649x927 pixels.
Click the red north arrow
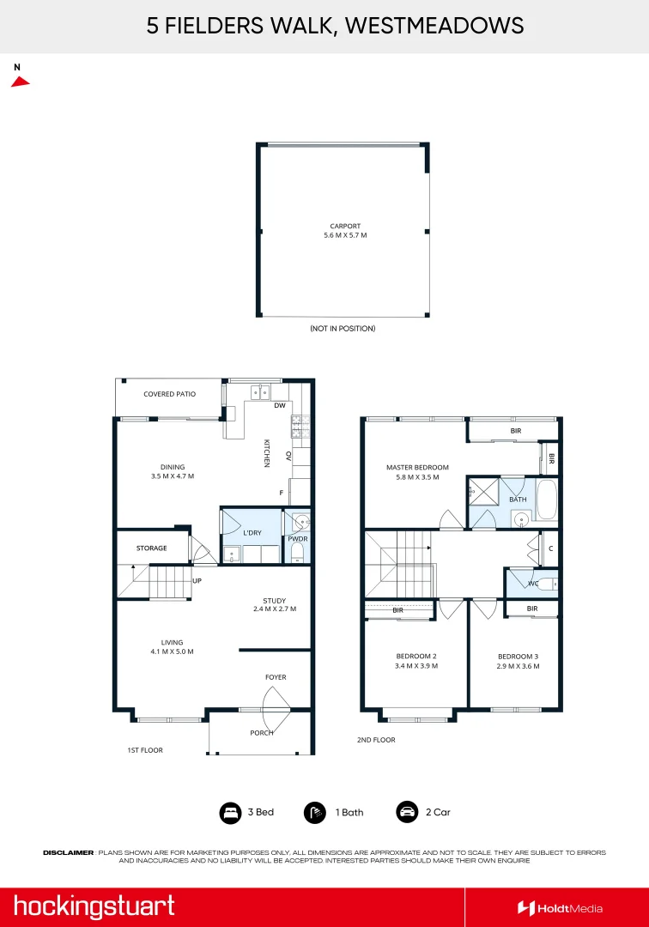[20, 82]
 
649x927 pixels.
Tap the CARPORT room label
[345, 226]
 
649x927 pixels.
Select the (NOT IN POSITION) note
[343, 328]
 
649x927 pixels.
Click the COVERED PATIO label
[170, 394]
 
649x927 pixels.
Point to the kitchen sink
[260, 392]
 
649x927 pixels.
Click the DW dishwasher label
[280, 405]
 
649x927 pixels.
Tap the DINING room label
[173, 467]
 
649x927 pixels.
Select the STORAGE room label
[152, 548]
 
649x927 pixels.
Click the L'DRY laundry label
[252, 533]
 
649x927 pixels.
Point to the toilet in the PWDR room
[297, 553]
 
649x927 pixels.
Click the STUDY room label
[275, 601]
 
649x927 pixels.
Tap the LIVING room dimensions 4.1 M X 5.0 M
[172, 651]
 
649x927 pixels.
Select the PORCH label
[262, 732]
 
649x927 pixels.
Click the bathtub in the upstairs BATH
[547, 500]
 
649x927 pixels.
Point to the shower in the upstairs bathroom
[483, 492]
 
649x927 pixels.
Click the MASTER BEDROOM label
[417, 467]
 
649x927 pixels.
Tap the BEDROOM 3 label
[519, 657]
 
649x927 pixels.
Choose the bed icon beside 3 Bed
[231, 813]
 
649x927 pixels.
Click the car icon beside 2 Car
[407, 812]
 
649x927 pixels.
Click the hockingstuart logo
[94, 907]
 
